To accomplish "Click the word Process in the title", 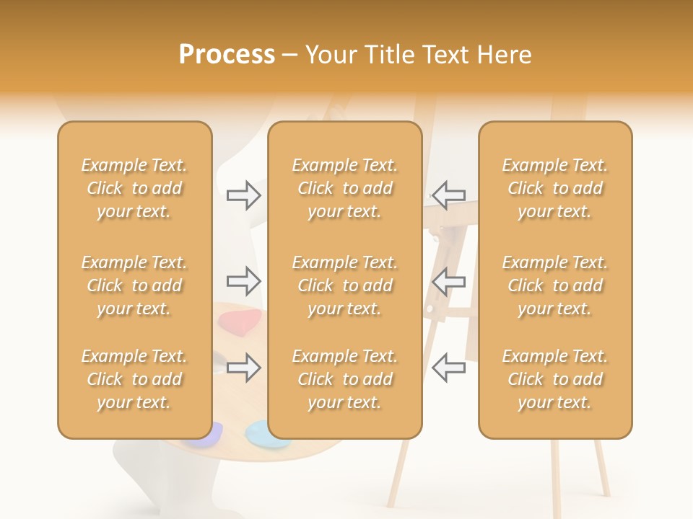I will click(x=227, y=55).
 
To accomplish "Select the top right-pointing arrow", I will click(x=243, y=195).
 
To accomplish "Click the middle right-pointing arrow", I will click(x=243, y=281).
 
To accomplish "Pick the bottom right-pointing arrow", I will click(x=243, y=367).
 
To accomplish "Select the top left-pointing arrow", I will click(x=448, y=195).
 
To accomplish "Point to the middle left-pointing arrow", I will click(x=448, y=281).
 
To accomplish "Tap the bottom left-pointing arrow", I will click(x=448, y=367).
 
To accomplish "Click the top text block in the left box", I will click(x=134, y=188).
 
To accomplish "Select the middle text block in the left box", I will click(x=134, y=285).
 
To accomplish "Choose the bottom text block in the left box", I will click(x=134, y=379).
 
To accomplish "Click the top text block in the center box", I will click(x=344, y=188).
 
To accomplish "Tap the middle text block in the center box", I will click(x=344, y=285).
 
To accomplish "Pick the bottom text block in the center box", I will click(x=344, y=379).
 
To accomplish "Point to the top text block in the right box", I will click(x=555, y=188).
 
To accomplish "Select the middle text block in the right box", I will click(x=555, y=285).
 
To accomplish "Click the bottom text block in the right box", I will click(x=555, y=379).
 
